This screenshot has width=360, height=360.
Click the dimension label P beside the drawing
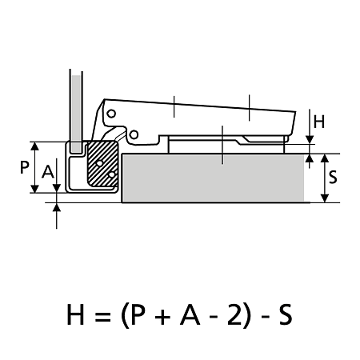click(x=25, y=167)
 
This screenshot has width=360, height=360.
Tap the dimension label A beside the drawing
click(x=48, y=171)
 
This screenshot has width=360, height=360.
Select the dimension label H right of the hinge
click(x=319, y=122)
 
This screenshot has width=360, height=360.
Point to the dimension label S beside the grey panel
click(x=333, y=177)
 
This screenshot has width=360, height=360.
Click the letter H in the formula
click(x=75, y=314)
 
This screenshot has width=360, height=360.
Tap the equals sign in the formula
click(x=103, y=316)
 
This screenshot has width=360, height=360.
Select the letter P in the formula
click(x=139, y=314)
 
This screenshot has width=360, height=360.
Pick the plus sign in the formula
click(x=162, y=316)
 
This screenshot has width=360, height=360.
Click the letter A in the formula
click(x=190, y=314)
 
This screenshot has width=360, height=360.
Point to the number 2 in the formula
click(x=234, y=314)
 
